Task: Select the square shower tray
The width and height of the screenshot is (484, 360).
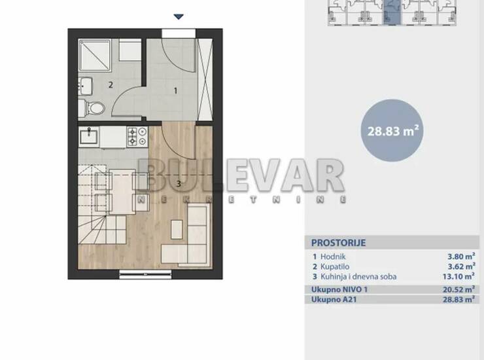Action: pos(95,55)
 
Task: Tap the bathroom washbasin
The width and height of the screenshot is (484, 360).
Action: pos(85,86)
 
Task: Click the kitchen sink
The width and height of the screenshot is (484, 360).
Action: pos(88,137)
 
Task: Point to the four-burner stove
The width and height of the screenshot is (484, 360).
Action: pos(137,137)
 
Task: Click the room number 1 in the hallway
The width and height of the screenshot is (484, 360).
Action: pos(176,91)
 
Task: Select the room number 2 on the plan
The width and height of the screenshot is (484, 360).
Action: pos(111,84)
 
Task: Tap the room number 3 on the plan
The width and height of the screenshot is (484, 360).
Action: pos(179,184)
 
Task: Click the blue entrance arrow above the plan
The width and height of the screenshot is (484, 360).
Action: pos(179,16)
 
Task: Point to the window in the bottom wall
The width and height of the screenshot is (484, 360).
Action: pos(145,274)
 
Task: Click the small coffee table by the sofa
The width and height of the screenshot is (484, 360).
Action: pos(177,229)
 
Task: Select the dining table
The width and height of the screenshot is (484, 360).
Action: pos(122,192)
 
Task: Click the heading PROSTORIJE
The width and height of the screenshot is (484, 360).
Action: pos(338,243)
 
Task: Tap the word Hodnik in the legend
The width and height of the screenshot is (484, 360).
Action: pos(333,257)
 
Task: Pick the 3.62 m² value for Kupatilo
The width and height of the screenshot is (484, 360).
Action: pos(461,266)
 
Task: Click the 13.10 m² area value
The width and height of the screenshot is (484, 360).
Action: pos(458,276)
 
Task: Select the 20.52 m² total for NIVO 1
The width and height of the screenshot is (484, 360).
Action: pos(458,289)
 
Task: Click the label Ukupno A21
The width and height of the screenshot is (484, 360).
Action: pos(334,299)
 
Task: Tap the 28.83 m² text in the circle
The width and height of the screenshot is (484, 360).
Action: pos(393,131)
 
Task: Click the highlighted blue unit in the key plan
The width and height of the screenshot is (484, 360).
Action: pos(392,12)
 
